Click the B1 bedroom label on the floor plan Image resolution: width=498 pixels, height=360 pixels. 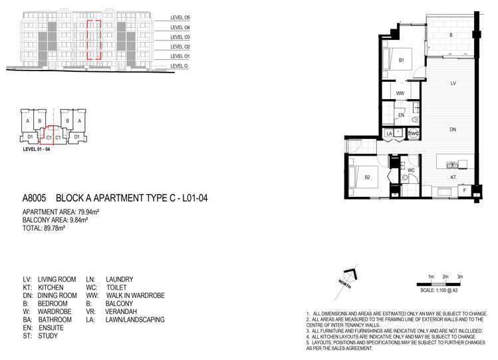pyautogui.click(x=402, y=61)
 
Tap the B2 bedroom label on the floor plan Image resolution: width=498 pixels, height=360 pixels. pyautogui.click(x=368, y=177)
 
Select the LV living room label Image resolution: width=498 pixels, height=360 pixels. pyautogui.click(x=452, y=83)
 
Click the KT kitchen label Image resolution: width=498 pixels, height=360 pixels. pyautogui.click(x=453, y=178)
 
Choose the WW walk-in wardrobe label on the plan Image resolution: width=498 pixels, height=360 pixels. pyautogui.click(x=400, y=94)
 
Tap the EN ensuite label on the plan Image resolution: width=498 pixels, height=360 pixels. pyautogui.click(x=401, y=116)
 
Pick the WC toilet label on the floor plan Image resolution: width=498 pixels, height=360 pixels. pyautogui.click(x=411, y=170)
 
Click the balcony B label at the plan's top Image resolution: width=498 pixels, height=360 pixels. pyautogui.click(x=451, y=35)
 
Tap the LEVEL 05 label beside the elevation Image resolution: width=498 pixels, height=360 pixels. pyautogui.click(x=180, y=17)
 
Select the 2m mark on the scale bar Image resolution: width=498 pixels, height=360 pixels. pyautogui.click(x=445, y=276)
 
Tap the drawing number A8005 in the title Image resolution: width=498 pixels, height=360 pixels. pyautogui.click(x=36, y=198)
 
